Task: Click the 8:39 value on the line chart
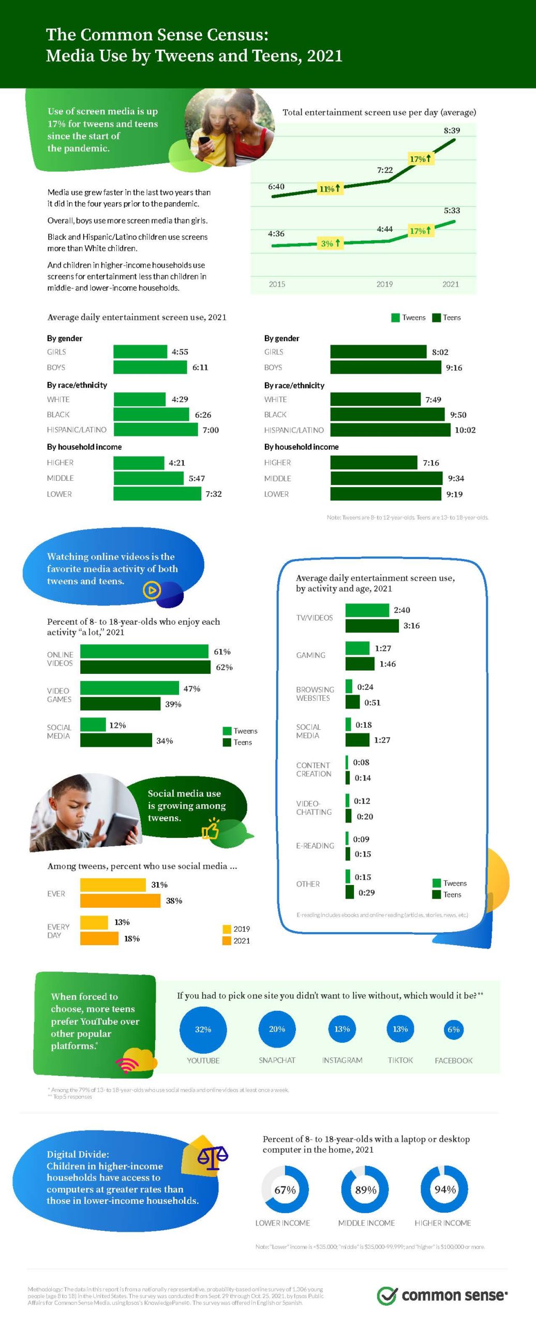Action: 452,130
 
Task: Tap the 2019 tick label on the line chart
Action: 384,284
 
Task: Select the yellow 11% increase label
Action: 330,188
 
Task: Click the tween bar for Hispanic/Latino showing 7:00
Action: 156,430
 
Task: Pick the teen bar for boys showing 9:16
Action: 385,367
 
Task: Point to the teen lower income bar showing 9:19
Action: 385,494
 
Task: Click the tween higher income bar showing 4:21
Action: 139,463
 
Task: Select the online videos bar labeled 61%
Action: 144,652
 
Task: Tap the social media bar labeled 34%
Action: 116,741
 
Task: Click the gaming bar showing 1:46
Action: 360,664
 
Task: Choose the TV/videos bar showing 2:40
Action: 367,610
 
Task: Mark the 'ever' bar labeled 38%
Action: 120,901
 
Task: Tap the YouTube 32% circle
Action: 203,1029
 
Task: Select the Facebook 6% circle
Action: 453,1029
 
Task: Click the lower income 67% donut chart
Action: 285,1189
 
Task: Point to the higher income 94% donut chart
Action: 444,1189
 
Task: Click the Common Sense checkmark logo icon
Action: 386,1295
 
